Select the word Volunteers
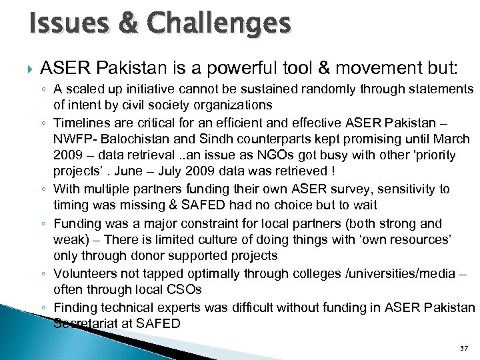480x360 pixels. (82, 273)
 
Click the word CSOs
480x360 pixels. (189, 290)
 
